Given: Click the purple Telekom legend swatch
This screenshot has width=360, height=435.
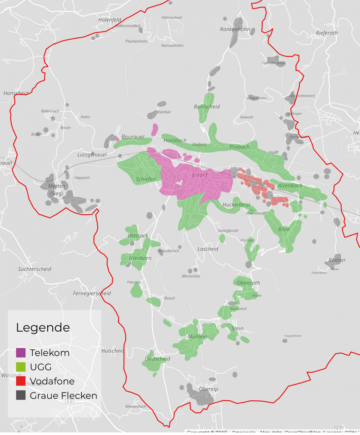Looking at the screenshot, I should tap(21, 353).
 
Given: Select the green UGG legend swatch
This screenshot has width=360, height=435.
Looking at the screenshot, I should tap(21, 367).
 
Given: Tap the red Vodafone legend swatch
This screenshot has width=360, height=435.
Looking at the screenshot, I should tap(21, 381).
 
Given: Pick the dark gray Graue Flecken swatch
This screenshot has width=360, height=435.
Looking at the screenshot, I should tap(21, 395).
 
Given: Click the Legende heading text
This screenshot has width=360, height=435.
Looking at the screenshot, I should tap(43, 328).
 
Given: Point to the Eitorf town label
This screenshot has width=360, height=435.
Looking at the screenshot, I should tap(200, 175).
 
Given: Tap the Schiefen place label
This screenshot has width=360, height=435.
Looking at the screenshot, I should tap(146, 179).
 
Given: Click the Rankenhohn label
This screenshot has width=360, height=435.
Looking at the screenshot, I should tap(235, 30).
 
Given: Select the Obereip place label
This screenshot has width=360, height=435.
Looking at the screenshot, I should tap(208, 389).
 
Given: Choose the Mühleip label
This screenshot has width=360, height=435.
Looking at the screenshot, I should tap(197, 337).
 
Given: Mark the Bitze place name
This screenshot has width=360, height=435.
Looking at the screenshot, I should tap(284, 229).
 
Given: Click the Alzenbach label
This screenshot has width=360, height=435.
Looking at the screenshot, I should tap(290, 186).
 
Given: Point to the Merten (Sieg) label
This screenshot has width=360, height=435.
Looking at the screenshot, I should tap(57, 189).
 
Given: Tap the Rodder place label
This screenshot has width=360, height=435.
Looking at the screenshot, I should tap(337, 260).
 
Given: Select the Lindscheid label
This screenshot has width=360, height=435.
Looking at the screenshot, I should tap(157, 359).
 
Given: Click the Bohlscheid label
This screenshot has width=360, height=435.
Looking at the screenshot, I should tap(207, 107).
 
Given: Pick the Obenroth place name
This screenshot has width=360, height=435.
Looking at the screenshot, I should tap(248, 283).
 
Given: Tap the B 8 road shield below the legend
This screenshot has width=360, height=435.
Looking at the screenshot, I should tap(69, 402).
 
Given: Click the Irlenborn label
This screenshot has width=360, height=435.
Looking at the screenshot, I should tap(140, 258).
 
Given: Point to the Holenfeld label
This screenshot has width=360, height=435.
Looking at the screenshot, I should tap(110, 20).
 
